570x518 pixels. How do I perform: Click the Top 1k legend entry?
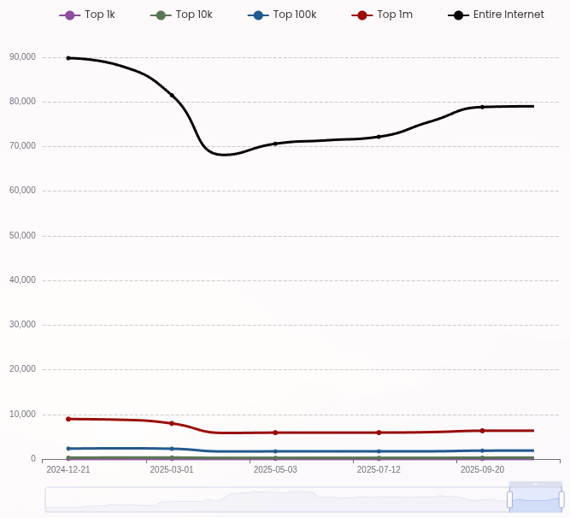87,15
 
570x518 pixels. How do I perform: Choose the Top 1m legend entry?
382,15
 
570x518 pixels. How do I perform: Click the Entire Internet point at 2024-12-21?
68,58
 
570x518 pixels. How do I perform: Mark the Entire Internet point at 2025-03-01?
172,95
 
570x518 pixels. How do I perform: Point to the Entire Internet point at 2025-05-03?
275,144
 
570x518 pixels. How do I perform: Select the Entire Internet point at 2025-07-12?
379,137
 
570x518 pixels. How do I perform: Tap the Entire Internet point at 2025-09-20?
482,107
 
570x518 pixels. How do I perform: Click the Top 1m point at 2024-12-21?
68,419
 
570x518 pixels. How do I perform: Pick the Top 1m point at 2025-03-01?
172,423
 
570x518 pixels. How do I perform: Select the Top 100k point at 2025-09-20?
482,450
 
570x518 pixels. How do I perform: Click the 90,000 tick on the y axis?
22,57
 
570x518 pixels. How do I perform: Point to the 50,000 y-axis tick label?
22,236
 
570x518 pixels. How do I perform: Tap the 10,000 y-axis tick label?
22,415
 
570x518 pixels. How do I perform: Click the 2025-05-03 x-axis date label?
275,469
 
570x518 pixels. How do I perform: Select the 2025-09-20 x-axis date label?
482,469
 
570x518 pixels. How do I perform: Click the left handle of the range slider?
509,499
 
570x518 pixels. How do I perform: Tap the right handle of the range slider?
561,499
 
